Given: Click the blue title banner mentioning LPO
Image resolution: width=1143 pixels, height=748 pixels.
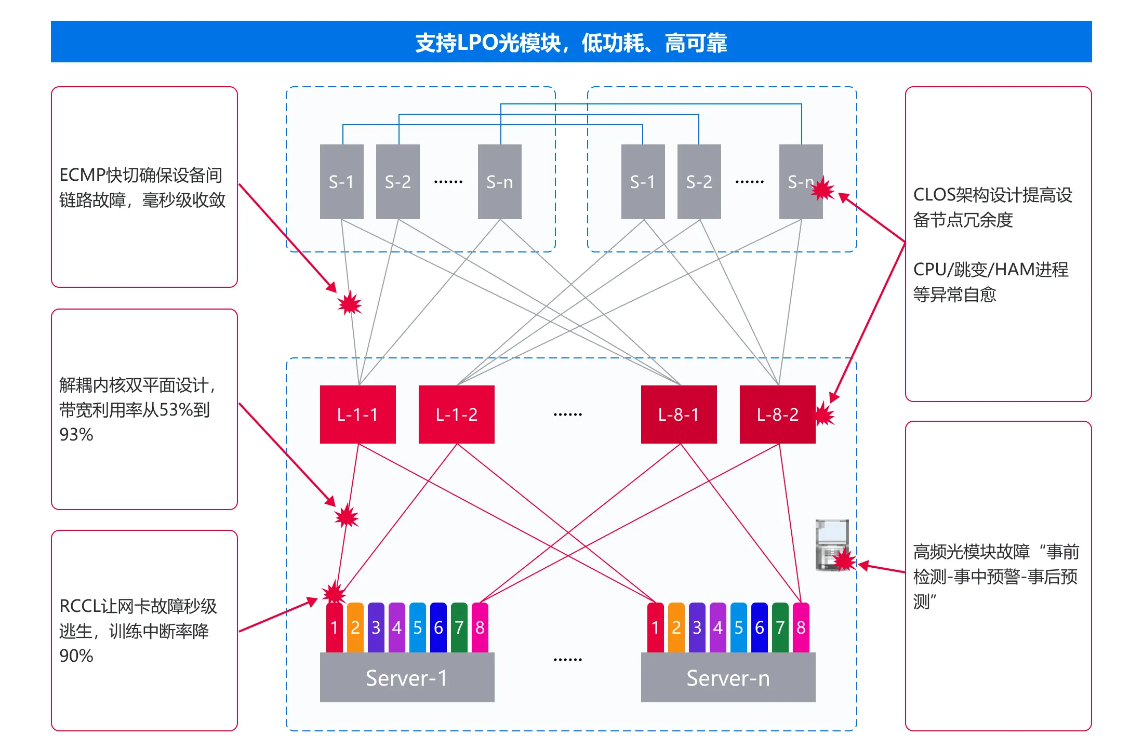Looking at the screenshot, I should pyautogui.click(x=571, y=42).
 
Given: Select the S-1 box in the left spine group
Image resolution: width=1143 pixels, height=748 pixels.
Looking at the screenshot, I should pyautogui.click(x=341, y=182).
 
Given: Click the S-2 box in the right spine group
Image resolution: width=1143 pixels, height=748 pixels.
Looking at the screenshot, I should pyautogui.click(x=699, y=182).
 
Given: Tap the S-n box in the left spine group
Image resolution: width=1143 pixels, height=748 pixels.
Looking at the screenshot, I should pyautogui.click(x=499, y=182).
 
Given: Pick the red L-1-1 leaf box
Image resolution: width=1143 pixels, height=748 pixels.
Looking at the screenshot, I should pyautogui.click(x=357, y=414).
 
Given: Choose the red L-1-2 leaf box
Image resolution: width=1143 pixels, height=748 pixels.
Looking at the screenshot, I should pyautogui.click(x=456, y=414).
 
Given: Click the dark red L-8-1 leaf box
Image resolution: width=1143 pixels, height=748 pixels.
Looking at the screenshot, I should pyautogui.click(x=679, y=414).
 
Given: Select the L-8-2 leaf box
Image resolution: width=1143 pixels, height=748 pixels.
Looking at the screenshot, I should pyautogui.click(x=777, y=414).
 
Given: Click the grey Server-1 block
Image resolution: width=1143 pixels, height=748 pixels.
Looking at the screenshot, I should pyautogui.click(x=407, y=677).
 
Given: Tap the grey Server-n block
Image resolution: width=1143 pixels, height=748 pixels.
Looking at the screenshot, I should pyautogui.click(x=728, y=677).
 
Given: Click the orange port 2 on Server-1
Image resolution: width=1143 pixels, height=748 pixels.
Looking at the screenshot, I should pyautogui.click(x=355, y=627).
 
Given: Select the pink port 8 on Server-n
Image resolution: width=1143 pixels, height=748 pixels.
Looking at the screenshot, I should pyautogui.click(x=801, y=627).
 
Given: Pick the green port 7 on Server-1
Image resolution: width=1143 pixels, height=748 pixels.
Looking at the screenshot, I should pyautogui.click(x=459, y=627).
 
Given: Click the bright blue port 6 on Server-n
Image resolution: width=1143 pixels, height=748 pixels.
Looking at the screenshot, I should pyautogui.click(x=759, y=627).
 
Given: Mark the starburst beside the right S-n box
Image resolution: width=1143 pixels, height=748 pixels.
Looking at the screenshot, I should pyautogui.click(x=823, y=189).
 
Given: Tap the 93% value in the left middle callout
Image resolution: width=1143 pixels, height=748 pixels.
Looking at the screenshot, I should pyautogui.click(x=76, y=434).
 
